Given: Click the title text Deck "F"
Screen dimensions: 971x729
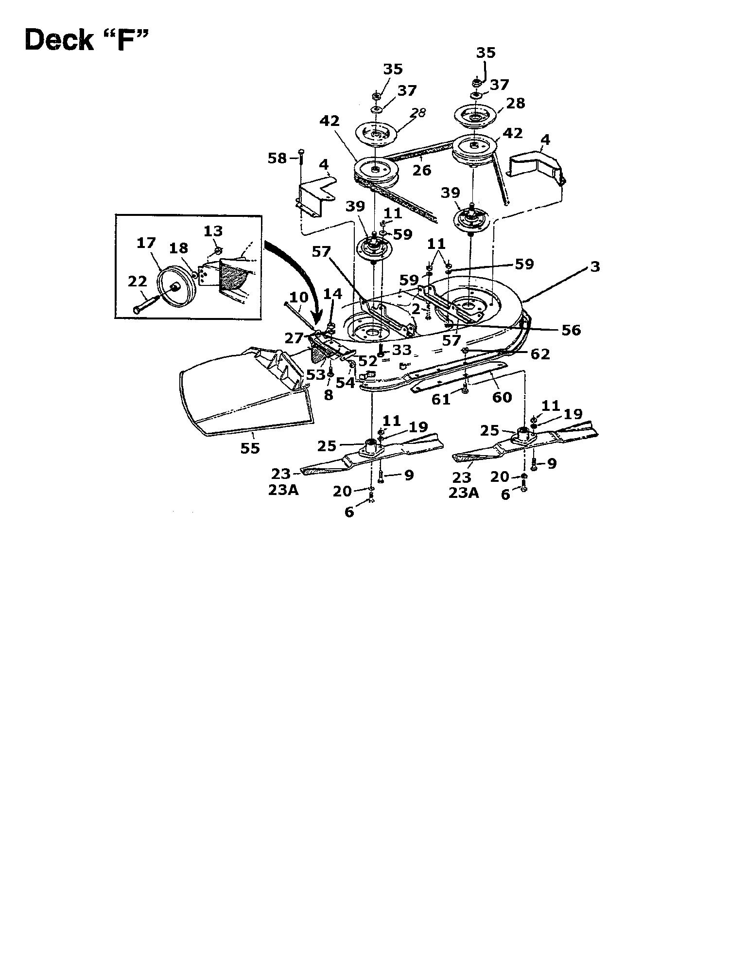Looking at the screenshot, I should click(86, 40).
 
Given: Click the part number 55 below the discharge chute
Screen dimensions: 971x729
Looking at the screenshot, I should click(250, 448).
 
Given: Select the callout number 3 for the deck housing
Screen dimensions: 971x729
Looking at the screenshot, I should click(595, 266).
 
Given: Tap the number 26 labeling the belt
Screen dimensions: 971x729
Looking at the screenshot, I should click(422, 170).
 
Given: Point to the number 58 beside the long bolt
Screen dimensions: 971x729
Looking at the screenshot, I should click(278, 158).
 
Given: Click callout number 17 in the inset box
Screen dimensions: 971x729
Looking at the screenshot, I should click(146, 243).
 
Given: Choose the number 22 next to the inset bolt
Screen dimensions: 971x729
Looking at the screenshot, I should click(137, 282).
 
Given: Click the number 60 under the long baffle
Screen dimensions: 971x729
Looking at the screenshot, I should click(502, 397).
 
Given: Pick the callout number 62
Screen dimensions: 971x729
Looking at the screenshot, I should click(540, 354).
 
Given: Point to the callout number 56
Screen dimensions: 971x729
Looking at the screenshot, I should click(571, 330).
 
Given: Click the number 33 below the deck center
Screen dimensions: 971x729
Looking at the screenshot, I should click(402, 350).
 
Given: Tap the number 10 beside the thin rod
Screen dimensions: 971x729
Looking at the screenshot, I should click(299, 297).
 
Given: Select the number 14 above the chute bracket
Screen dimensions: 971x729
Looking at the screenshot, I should click(332, 294).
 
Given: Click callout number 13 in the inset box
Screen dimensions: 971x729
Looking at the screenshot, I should click(213, 230).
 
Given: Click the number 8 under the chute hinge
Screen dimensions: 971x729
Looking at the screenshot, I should click(329, 395).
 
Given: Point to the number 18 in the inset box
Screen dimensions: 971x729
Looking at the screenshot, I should click(178, 247).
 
